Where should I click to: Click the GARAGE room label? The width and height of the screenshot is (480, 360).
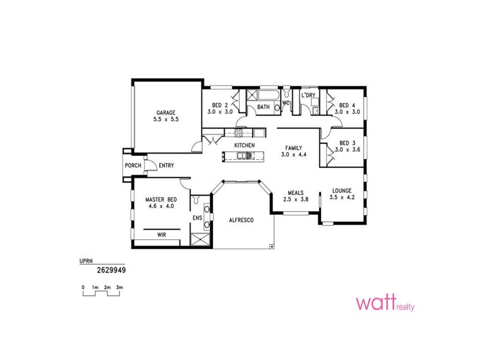click(x=166, y=113)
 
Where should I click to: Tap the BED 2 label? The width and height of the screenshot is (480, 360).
click(x=220, y=105)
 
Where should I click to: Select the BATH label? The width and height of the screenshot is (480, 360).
click(x=263, y=107)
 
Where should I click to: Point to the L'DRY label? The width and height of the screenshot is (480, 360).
click(x=308, y=95)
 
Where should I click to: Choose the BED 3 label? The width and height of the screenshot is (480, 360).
click(x=347, y=143)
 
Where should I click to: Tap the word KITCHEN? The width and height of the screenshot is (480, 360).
click(x=245, y=146)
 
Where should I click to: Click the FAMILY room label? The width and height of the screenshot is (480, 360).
click(x=294, y=148)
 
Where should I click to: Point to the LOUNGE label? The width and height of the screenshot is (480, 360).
click(x=343, y=191)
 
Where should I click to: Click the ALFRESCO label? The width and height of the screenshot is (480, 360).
click(x=242, y=221)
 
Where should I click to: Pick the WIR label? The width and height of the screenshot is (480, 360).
click(x=161, y=235)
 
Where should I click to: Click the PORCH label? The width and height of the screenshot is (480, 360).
click(x=133, y=166)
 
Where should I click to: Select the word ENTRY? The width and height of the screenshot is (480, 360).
click(x=166, y=166)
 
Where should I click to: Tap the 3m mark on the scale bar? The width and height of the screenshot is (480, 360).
click(x=119, y=288)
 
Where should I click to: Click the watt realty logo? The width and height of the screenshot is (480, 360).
click(x=385, y=303)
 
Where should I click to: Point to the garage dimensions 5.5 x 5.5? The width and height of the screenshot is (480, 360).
click(x=166, y=119)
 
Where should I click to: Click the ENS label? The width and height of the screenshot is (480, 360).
click(x=196, y=217)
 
